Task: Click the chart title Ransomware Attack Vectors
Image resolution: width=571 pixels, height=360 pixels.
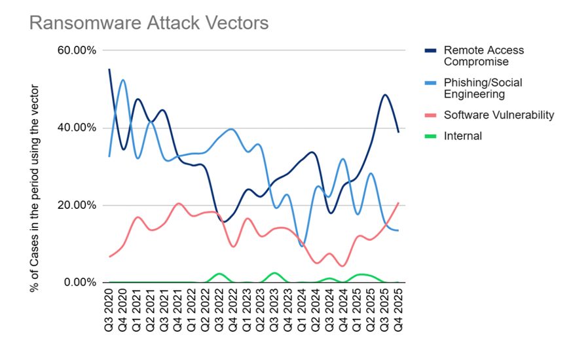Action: pyautogui.click(x=149, y=23)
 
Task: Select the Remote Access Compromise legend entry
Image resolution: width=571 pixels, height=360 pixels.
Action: pyautogui.click(x=483, y=56)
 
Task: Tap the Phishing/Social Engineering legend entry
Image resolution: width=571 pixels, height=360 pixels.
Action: pyautogui.click(x=483, y=88)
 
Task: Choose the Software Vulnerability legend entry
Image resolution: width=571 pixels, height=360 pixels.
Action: pyautogui.click(x=499, y=115)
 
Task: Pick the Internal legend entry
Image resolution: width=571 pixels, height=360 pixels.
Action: pyautogui.click(x=462, y=136)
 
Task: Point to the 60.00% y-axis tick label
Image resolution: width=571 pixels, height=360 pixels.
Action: pyautogui.click(x=77, y=50)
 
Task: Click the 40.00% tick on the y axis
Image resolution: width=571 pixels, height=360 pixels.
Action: pyautogui.click(x=77, y=128)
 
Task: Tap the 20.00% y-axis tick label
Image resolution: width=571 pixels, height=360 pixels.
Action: pyautogui.click(x=77, y=206)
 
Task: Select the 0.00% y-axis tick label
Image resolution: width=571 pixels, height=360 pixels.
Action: pyautogui.click(x=79, y=283)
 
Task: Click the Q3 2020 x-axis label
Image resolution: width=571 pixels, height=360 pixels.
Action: pyautogui.click(x=109, y=311)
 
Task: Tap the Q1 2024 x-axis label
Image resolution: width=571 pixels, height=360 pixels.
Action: pyautogui.click(x=302, y=311)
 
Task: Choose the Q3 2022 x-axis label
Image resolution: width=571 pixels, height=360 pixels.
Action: pyautogui.click(x=219, y=311)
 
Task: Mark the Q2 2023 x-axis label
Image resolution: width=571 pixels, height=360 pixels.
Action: pyautogui.click(x=261, y=311)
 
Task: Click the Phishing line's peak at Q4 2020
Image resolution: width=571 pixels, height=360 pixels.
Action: pyautogui.click(x=122, y=81)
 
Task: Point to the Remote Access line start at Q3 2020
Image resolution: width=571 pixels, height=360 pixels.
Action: pyautogui.click(x=109, y=69)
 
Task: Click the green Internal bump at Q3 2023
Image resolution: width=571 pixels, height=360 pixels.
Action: pyautogui.click(x=274, y=272)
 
